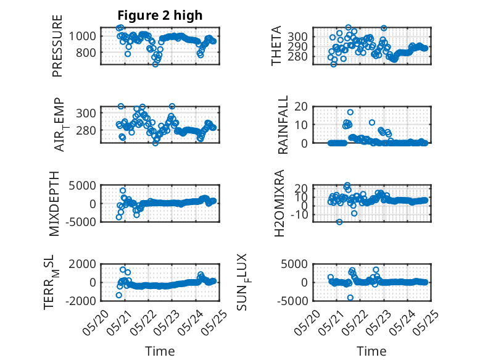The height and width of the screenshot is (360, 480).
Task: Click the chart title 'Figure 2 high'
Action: click(x=160, y=15)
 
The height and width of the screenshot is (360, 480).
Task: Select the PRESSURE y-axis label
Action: click(x=57, y=46)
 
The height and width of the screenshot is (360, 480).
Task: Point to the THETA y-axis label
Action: click(x=276, y=46)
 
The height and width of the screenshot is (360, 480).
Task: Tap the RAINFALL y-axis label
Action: click(x=283, y=125)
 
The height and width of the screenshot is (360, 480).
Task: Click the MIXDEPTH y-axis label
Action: click(x=54, y=204)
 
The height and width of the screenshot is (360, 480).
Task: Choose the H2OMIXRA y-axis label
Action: click(x=279, y=203)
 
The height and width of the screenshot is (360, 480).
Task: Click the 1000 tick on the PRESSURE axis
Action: click(x=82, y=36)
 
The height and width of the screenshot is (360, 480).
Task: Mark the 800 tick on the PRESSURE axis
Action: click(x=86, y=52)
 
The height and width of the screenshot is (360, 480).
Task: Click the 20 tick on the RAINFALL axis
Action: click(x=301, y=107)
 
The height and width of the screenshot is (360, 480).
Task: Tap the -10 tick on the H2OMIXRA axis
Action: click(x=299, y=215)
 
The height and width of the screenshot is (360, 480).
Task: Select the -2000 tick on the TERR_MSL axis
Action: click(x=82, y=301)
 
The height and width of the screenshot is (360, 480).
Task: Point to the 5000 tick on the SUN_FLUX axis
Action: click(x=294, y=264)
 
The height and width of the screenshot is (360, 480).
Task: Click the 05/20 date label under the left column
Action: click(x=96, y=322)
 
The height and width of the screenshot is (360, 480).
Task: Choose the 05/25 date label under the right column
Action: click(x=426, y=322)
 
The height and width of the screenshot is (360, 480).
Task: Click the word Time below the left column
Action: click(x=160, y=351)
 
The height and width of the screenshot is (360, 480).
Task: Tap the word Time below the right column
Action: click(x=371, y=351)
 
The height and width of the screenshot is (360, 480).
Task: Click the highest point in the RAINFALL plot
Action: click(x=350, y=112)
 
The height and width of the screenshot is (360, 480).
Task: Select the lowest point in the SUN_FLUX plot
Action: click(x=350, y=298)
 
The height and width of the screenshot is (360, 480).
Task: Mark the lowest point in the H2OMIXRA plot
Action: click(x=339, y=222)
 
